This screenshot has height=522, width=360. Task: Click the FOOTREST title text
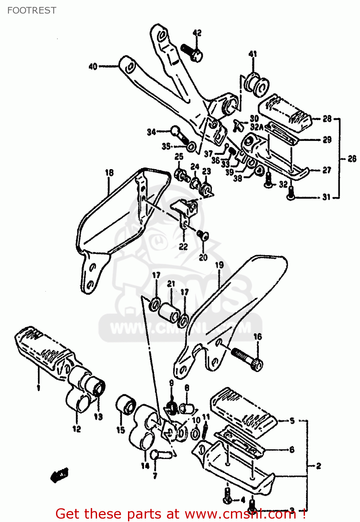[x=32, y=10]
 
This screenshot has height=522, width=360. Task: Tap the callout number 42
[x=197, y=33]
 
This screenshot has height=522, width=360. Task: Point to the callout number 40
[x=93, y=66]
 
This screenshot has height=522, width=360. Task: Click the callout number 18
[x=109, y=173]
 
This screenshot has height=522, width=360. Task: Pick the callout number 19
[x=219, y=265]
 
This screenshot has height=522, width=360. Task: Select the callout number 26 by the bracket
[x=352, y=159]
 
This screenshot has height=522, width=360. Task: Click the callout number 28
[x=327, y=119]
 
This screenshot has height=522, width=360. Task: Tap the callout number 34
[x=151, y=132]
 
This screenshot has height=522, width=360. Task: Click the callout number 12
[x=77, y=429]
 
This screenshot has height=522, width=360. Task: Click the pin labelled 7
[x=159, y=454]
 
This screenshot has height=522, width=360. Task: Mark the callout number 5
[x=292, y=421]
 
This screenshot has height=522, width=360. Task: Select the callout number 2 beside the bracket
[x=318, y=466]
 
